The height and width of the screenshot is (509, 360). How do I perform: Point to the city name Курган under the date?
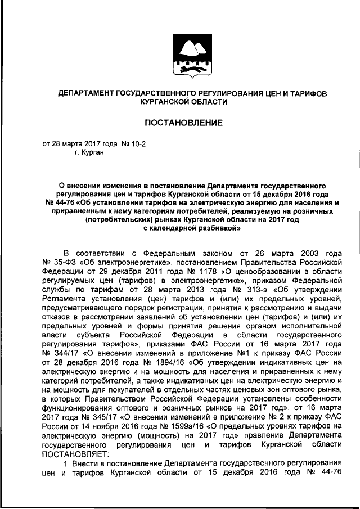click(x=92, y=152)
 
